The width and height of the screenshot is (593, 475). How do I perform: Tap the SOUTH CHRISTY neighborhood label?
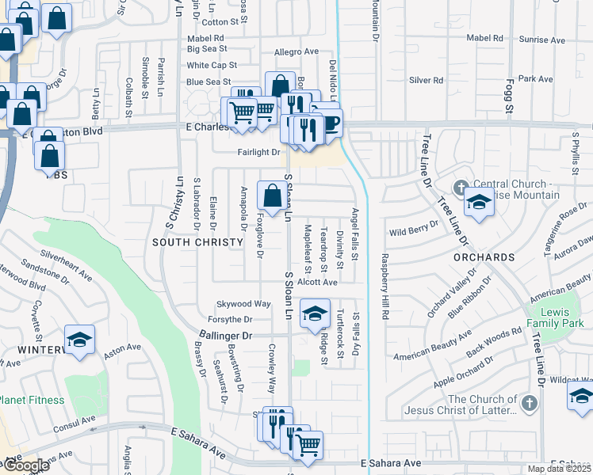coord(193,241)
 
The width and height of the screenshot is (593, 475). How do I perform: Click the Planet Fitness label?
coord(32,400)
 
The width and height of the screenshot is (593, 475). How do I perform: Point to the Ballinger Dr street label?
coord(225,336)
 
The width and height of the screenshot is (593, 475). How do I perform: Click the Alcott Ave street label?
coord(318,281)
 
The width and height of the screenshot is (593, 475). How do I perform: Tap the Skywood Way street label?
coord(244,304)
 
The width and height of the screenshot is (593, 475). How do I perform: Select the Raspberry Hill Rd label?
coord(384,287)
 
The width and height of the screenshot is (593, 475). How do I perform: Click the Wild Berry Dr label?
coord(414,230)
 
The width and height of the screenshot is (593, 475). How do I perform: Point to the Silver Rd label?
coord(426,81)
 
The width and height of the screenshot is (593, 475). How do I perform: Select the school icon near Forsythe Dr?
coord(315,313)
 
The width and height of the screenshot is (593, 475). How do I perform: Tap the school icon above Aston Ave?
coord(79,340)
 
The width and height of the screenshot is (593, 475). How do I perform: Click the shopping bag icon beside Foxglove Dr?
coord(272,195)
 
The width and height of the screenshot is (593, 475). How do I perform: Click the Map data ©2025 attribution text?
coord(558,469)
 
